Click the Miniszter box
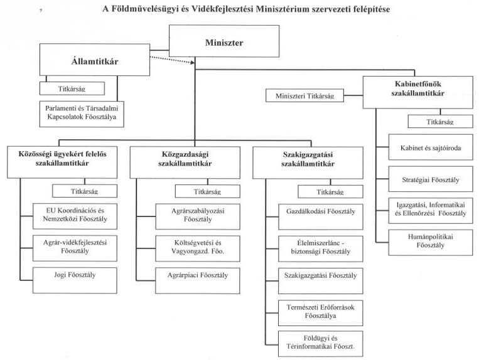tap(224, 41)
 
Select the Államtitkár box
tap(95, 60)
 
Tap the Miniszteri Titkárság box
tap(305, 95)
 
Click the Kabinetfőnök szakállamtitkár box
tap(418, 92)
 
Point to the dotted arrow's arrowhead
tap(193, 63)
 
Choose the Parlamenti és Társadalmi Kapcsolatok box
tap(82, 114)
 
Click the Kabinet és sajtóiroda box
tap(431, 147)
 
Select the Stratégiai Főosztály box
tap(431, 179)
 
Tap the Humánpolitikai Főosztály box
tap(431, 243)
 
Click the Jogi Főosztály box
tap(75, 280)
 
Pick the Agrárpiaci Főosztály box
tap(198, 281)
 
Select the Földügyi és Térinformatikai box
tap(321, 344)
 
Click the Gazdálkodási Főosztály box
tap(321, 217)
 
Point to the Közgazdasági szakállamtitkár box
tap(185, 162)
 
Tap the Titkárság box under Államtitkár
tap(72, 88)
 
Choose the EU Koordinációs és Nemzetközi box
tap(75, 216)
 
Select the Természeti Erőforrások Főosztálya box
tap(321, 313)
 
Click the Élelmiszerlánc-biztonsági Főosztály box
tap(321, 248)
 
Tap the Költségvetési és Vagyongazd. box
tap(198, 248)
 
